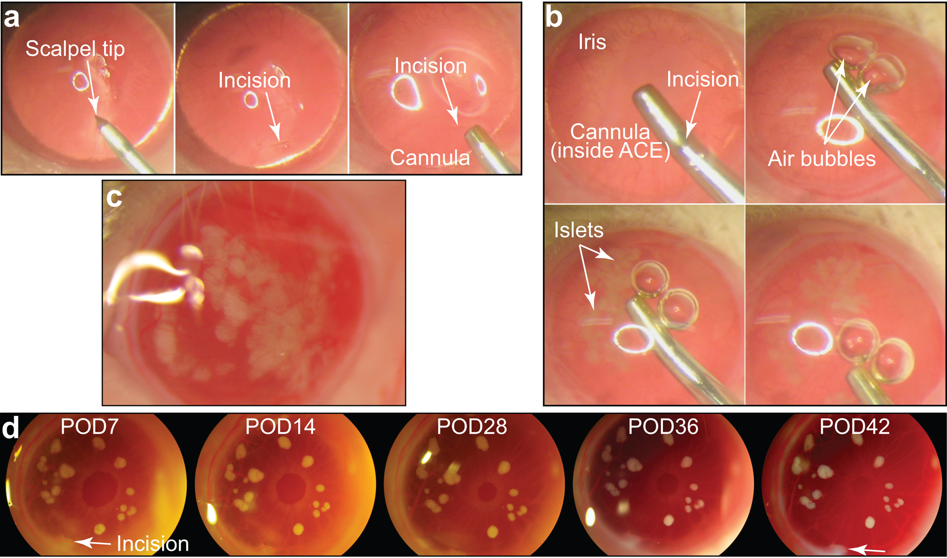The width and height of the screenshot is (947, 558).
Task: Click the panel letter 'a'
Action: click(12, 18)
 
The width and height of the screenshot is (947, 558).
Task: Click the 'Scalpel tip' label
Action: click(75, 48)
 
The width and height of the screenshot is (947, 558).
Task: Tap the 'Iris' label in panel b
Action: click(592, 42)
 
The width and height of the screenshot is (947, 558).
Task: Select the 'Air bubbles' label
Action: click(821, 158)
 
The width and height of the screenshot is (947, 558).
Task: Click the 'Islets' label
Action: click(579, 230)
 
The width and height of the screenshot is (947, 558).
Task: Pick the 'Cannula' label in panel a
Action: click(430, 157)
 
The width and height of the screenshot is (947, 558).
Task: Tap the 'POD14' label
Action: click(280, 426)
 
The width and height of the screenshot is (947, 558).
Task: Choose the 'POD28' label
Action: click(472, 426)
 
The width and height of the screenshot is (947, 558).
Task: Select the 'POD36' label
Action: click(663, 426)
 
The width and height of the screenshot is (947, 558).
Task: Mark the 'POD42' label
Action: click(854, 426)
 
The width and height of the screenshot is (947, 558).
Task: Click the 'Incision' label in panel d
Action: click(153, 544)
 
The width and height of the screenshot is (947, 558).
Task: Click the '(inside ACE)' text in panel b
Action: click(610, 151)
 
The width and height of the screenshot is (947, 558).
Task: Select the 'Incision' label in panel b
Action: click(702, 79)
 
